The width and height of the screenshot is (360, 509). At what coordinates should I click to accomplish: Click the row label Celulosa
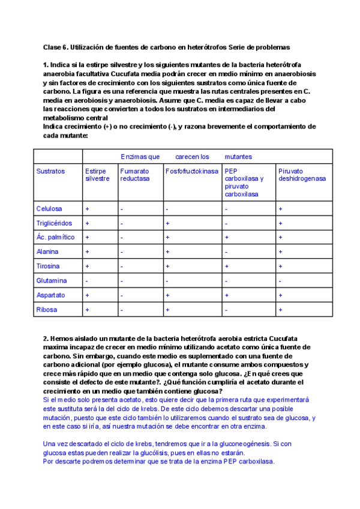[x=49, y=209]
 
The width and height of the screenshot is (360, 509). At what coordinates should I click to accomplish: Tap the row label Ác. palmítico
[x=55, y=237]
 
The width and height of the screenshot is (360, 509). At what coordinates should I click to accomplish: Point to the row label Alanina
[x=47, y=252]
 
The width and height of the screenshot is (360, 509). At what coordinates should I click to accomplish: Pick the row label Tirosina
[x=48, y=266]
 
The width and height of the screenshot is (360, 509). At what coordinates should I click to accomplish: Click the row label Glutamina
[x=51, y=280]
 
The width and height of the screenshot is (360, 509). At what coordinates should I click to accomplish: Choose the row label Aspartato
[x=50, y=295]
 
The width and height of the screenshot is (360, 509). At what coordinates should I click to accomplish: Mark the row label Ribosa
[x=47, y=310]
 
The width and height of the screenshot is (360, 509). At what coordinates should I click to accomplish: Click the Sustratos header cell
[x=50, y=171]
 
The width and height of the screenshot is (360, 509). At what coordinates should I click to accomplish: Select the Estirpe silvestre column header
[x=97, y=175]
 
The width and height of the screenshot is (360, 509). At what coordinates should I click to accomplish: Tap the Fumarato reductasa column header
[x=134, y=175]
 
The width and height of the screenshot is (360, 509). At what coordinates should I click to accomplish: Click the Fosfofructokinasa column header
[x=191, y=171]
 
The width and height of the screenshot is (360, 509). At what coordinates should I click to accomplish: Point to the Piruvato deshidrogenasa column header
[x=302, y=175]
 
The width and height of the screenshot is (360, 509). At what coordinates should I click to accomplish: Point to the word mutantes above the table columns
[x=238, y=157]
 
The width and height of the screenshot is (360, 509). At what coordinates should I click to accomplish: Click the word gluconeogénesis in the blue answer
[x=238, y=444]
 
